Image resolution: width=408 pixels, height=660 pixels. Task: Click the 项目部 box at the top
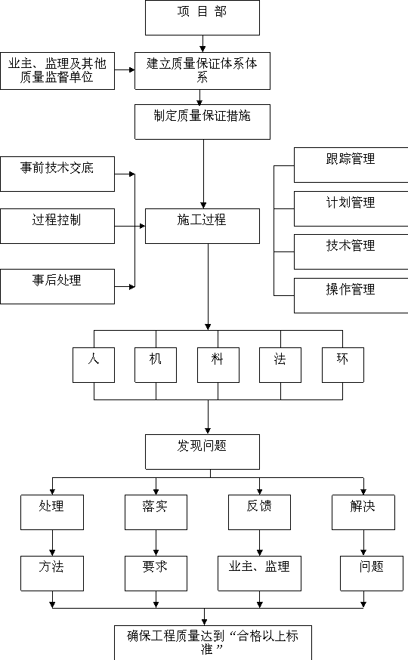coord(202,17)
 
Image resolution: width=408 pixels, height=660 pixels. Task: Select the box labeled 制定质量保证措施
coord(202,122)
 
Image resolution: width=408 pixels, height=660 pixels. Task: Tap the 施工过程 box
coord(202,226)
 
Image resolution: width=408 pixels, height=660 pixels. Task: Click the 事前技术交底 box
coord(57,174)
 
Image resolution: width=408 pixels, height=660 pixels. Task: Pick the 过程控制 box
coord(57,226)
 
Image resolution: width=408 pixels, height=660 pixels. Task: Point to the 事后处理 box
coord(57,287)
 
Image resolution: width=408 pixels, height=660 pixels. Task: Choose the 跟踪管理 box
coord(351,165)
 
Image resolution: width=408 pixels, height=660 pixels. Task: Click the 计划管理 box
coord(351,208)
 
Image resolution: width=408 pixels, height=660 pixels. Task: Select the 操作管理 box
coord(351,295)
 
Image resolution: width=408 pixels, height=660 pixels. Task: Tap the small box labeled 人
coord(94,365)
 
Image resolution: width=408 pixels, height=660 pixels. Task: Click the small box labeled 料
coord(218,365)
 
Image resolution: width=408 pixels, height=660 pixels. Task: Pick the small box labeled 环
coord(343,365)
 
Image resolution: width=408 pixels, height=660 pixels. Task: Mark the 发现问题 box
coord(202,452)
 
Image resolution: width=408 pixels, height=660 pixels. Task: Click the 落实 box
coord(156,512)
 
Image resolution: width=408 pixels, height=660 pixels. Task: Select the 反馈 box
coord(259,512)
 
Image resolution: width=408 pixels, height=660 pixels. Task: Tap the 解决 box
coord(363,512)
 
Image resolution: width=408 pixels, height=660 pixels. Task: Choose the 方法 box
coord(52,573)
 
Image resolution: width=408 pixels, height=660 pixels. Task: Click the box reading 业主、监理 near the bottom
coord(259,573)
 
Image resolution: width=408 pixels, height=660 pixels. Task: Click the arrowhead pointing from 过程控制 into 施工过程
coord(142,226)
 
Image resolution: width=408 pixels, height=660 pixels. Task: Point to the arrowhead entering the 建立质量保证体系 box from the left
coord(131,70)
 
